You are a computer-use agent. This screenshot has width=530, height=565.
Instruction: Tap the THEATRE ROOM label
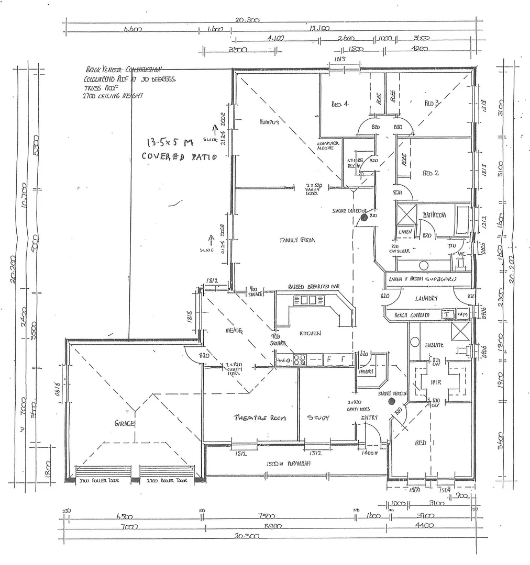click(x=259, y=418)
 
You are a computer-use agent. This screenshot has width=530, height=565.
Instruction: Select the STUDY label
click(x=318, y=418)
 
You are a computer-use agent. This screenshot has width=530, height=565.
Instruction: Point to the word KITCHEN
click(x=310, y=333)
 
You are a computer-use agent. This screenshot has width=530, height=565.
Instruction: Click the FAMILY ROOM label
click(x=296, y=240)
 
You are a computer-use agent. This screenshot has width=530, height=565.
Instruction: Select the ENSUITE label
click(x=434, y=345)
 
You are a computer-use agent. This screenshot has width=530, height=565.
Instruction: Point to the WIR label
click(x=435, y=382)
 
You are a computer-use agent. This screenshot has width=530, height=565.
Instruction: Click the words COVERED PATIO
click(x=179, y=156)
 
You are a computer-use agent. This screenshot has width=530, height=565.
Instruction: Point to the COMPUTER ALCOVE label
click(x=328, y=145)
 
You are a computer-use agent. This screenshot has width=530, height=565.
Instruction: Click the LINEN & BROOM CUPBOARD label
click(x=422, y=279)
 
